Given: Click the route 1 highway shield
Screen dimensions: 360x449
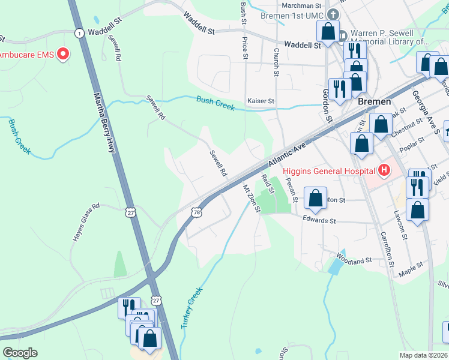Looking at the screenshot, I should [x=79, y=34].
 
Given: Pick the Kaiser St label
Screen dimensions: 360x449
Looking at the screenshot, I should [x=261, y=101].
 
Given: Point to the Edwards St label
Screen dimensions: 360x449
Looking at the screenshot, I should [x=319, y=220].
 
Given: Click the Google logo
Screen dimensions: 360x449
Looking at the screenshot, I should [x=20, y=353].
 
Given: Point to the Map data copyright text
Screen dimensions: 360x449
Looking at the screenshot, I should [x=423, y=355].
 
